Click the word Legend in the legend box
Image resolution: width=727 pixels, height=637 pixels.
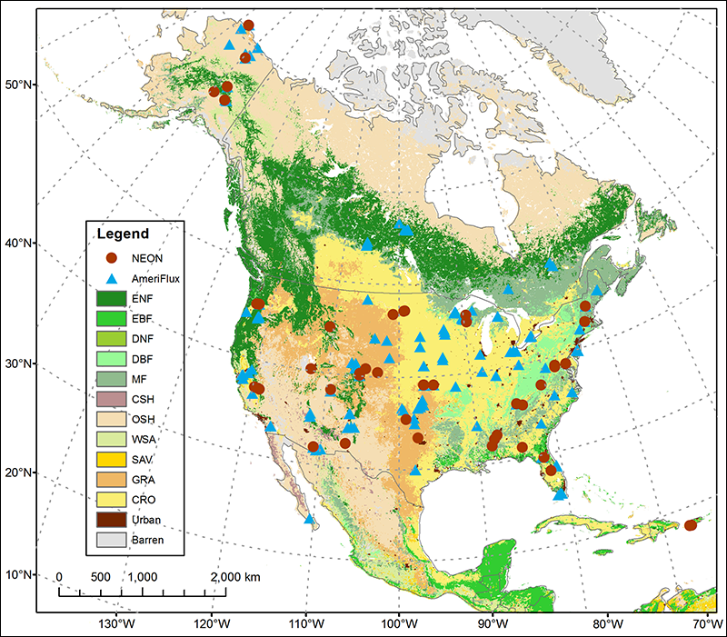click(123, 234)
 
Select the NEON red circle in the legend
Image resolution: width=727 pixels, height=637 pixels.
click(110, 257)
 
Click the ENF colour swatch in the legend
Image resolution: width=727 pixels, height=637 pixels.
click(111, 297)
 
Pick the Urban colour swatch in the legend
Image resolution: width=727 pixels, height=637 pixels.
click(111, 519)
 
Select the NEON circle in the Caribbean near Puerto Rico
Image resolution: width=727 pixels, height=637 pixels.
click(692, 525)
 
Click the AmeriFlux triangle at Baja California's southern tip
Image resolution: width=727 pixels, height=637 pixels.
click(310, 519)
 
